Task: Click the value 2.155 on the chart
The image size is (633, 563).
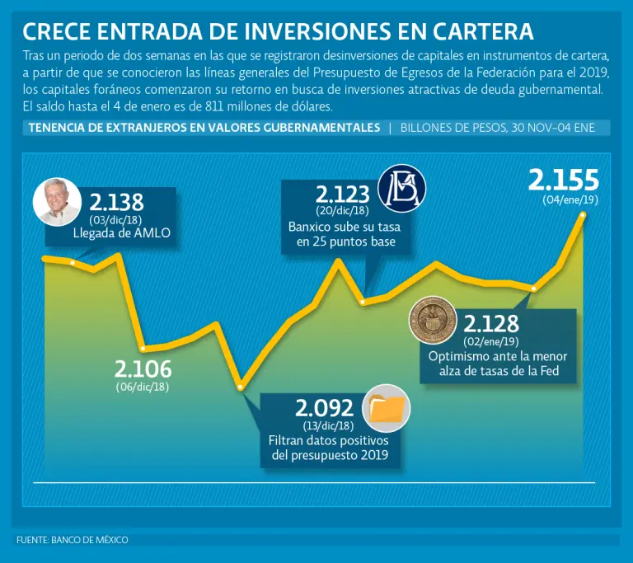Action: tap(564, 181)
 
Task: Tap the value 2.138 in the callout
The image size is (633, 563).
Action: tap(116, 202)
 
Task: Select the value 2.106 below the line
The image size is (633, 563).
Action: tap(143, 369)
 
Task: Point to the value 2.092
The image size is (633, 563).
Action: tap(324, 408)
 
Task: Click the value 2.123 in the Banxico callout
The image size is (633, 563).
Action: tap(342, 195)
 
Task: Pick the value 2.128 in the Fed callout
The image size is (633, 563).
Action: tap(491, 324)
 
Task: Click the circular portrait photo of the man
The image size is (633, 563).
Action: tap(57, 202)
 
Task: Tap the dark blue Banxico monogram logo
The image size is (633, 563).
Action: tap(401, 189)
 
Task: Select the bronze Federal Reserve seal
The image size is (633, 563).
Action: tap(433, 321)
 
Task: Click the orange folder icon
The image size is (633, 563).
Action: tap(387, 408)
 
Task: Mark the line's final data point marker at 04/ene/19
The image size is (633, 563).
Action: tap(583, 215)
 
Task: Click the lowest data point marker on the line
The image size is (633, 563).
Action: tap(241, 387)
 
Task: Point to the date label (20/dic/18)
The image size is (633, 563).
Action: tap(342, 210)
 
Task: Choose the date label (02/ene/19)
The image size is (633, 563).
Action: tap(491, 342)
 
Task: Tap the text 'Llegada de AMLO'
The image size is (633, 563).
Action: tap(121, 233)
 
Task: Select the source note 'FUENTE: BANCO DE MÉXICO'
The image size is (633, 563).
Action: tap(73, 540)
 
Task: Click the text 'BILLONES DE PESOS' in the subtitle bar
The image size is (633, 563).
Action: tap(453, 128)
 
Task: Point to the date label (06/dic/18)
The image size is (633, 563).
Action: tap(143, 387)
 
